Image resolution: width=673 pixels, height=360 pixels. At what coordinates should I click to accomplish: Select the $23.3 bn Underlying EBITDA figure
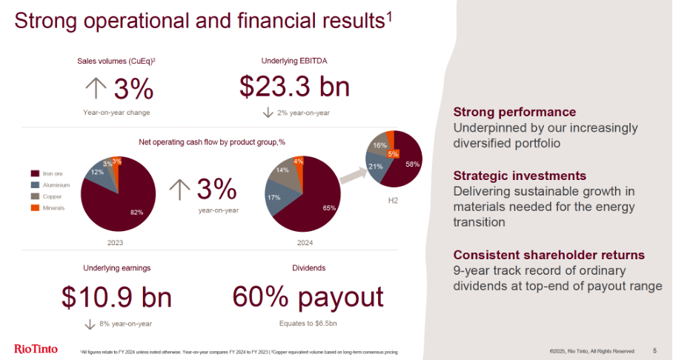pyautogui.click(x=294, y=87)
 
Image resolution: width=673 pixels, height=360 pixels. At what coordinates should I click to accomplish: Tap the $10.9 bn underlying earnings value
pyautogui.click(x=116, y=297)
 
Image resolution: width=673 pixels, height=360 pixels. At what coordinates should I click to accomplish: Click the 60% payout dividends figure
pyautogui.click(x=308, y=297)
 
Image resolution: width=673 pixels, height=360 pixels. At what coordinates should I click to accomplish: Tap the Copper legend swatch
pyautogui.click(x=36, y=196)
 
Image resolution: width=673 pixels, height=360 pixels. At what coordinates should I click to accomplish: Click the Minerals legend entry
pyautogui.click(x=53, y=208)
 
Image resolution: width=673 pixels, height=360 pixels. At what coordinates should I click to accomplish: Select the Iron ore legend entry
pyautogui.click(x=53, y=173)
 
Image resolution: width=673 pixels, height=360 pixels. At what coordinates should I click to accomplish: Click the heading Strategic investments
pyautogui.click(x=520, y=176)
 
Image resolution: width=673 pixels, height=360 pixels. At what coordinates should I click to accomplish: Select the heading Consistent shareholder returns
pyautogui.click(x=548, y=254)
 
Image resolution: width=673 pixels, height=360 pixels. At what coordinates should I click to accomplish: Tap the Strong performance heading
pyautogui.click(x=514, y=112)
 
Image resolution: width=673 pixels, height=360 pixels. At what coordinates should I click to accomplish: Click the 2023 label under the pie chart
pyautogui.click(x=115, y=242)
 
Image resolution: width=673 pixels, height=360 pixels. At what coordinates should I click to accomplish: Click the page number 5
pyautogui.click(x=654, y=350)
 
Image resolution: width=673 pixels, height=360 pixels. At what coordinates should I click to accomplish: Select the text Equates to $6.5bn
pyautogui.click(x=308, y=324)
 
